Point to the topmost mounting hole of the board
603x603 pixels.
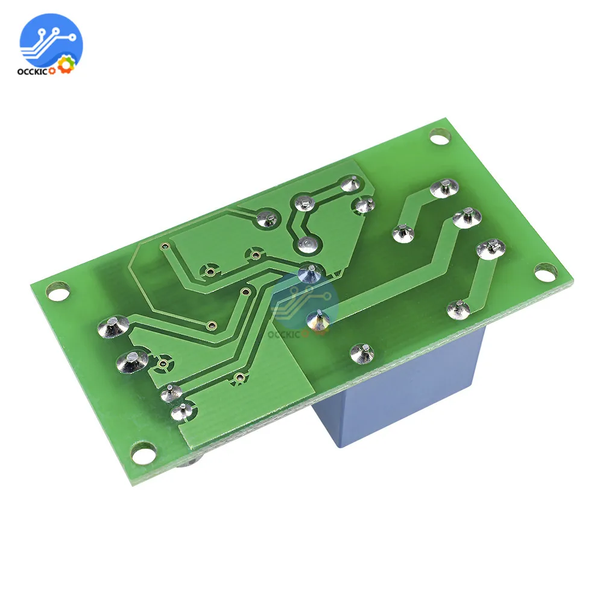pyautogui.click(x=441, y=138)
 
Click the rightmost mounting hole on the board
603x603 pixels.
pyautogui.click(x=545, y=273)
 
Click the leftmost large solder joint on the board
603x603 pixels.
pyautogui.click(x=110, y=327)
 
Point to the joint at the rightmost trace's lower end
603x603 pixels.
pyautogui.click(x=458, y=309)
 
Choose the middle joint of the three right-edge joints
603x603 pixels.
pyautogui.click(x=465, y=217)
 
